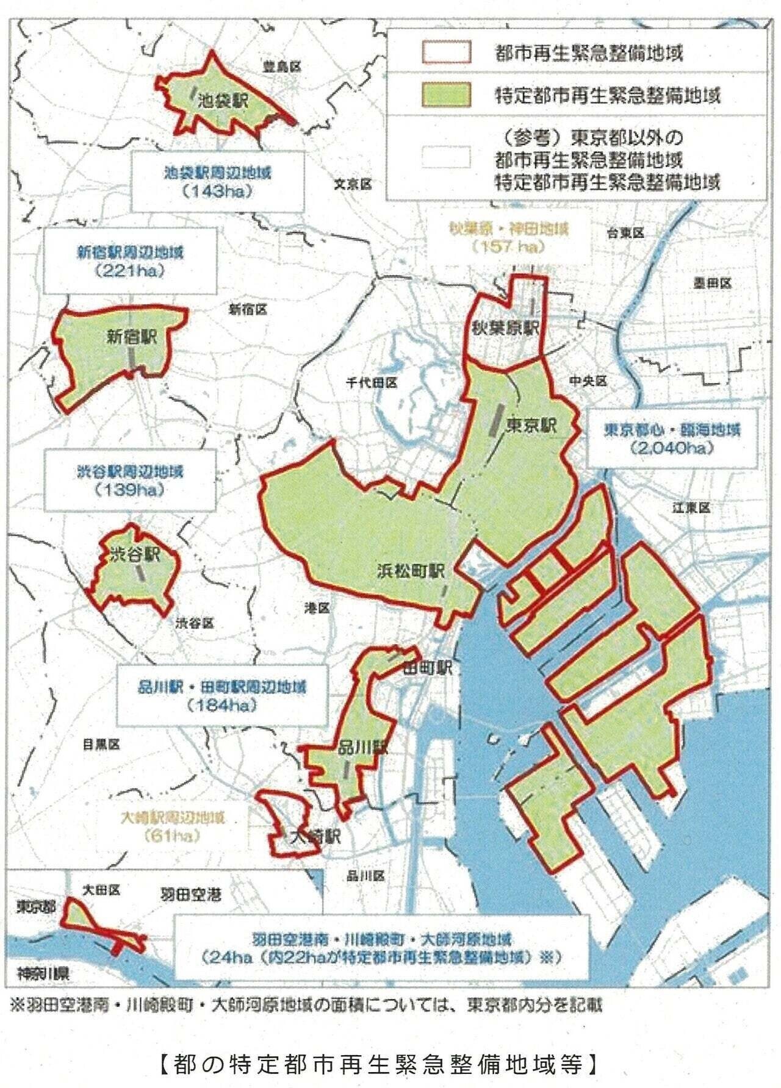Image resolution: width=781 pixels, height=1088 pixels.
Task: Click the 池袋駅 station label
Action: click(223, 101)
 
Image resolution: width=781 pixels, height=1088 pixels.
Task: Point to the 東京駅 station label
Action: click(531, 424)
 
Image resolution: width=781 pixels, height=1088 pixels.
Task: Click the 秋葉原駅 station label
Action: click(505, 327)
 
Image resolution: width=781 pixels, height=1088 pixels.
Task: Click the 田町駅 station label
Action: click(427, 668)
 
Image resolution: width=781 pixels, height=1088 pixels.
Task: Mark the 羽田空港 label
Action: click(190, 895)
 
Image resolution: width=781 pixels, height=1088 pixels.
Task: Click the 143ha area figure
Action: click(217, 191)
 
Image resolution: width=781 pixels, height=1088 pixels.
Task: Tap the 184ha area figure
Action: click(221, 705)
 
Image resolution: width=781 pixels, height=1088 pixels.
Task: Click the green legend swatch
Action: click(446, 95)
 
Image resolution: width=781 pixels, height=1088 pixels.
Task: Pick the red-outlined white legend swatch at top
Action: click(446, 52)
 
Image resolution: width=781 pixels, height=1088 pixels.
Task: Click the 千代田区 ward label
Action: click(372, 382)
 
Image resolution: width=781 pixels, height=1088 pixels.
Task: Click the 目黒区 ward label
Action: click(101, 744)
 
